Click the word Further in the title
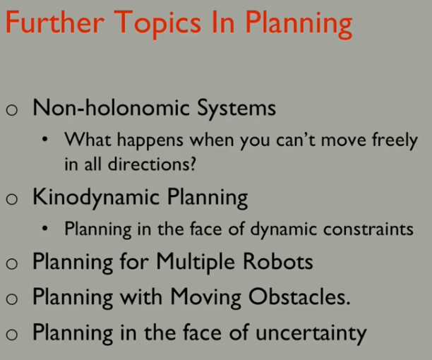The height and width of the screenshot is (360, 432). click(55, 23)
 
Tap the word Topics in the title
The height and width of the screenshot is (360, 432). click(157, 25)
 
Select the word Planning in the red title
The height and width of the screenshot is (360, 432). click(299, 25)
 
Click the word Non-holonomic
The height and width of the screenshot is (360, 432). click(112, 107)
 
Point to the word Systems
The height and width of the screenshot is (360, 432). click(236, 109)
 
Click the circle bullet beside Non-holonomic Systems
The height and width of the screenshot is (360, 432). click(12, 110)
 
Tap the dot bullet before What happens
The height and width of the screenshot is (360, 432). click(45, 139)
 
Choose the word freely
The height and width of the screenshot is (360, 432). click(395, 140)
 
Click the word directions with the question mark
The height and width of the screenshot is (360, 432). click(152, 164)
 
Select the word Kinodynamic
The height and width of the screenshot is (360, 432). click(96, 198)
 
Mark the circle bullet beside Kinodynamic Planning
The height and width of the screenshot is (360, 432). click(12, 199)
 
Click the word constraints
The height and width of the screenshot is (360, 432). click(368, 229)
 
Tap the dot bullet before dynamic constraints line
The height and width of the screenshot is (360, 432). click(45, 228)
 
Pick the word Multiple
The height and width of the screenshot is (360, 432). click(196, 262)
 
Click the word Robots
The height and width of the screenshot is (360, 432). click(278, 261)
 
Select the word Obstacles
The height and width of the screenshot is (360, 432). click(299, 296)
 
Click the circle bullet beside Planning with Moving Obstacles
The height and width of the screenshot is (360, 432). click(12, 299)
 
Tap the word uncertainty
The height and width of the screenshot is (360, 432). click(311, 334)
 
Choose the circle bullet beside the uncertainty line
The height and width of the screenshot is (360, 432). click(12, 335)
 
